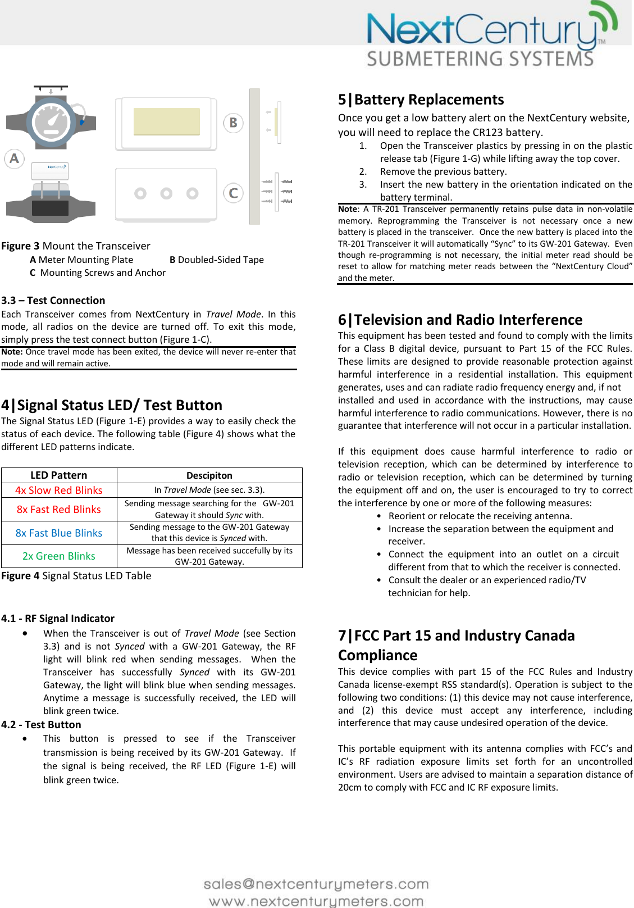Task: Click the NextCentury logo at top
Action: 489,37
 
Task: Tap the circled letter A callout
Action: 15,158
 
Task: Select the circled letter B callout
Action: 233,122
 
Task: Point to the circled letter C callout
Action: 233,193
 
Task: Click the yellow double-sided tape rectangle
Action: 167,121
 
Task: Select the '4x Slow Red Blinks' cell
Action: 59,491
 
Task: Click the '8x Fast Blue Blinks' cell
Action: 59,533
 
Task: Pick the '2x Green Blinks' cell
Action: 59,556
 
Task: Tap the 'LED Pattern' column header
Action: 59,475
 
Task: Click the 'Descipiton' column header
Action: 209,475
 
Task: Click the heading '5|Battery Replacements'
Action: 421,99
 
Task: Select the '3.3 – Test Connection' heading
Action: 53,301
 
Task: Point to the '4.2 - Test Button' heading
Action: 42,725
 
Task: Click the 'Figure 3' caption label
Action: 20,246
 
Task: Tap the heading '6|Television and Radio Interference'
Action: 460,320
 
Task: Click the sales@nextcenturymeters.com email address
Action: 316,884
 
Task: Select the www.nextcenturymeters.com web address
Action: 316,901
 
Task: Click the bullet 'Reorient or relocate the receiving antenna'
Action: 480,516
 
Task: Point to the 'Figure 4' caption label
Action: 20,576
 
